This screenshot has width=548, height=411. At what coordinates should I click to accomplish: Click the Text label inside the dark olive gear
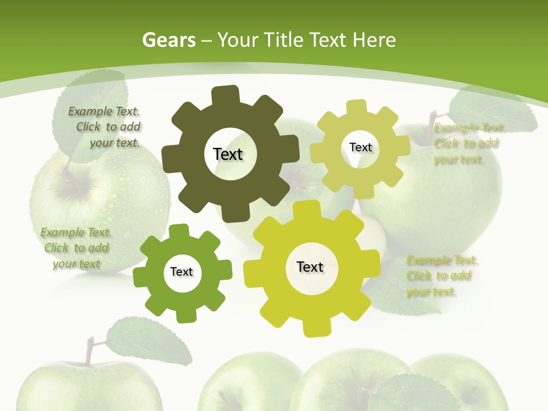(228, 154)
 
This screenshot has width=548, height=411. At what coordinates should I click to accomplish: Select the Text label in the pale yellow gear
(360, 147)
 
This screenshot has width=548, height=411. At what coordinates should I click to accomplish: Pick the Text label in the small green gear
(182, 272)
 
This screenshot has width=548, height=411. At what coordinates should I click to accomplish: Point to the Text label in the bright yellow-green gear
(310, 267)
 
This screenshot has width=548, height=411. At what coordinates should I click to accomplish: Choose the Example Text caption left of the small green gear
(76, 248)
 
